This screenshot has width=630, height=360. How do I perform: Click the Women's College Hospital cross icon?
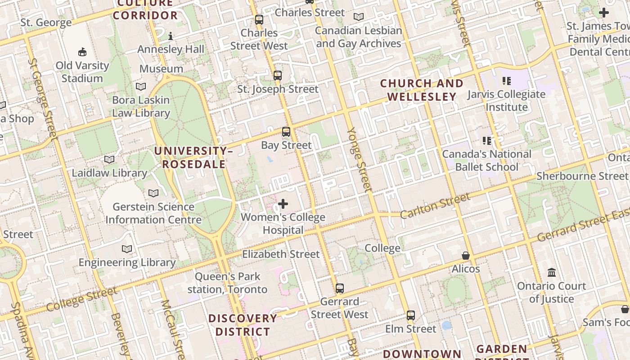pos(283,204)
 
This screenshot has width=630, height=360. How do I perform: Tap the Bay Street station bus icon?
pos(286,132)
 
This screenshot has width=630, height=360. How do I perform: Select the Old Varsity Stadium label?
pos(82,72)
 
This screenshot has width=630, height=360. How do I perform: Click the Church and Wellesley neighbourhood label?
pos(422,90)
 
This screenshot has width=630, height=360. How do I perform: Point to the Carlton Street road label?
pos(435,206)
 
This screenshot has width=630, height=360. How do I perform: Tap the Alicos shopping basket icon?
pos(466,256)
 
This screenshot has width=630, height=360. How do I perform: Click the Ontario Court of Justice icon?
pos(552,272)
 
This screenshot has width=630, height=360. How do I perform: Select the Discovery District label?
pos(243,325)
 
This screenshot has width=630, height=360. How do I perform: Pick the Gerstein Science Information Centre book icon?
pos(153,193)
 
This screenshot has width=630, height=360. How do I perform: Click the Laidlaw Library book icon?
pos(109,159)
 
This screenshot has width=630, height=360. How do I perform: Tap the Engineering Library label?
pos(127,262)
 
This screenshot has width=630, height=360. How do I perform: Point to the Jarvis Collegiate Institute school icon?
pos(507,81)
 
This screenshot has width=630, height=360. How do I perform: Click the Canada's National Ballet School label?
pos(486,161)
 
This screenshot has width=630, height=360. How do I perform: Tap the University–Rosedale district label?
pos(193,157)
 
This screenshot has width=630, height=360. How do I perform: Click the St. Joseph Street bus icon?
pos(278,75)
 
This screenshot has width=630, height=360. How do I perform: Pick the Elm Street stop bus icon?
pos(411,315)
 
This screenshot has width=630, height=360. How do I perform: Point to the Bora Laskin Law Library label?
pos(141,107)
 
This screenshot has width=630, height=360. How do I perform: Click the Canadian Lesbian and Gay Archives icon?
pos(359,17)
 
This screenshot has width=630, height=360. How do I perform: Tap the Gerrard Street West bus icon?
pos(340,288)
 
